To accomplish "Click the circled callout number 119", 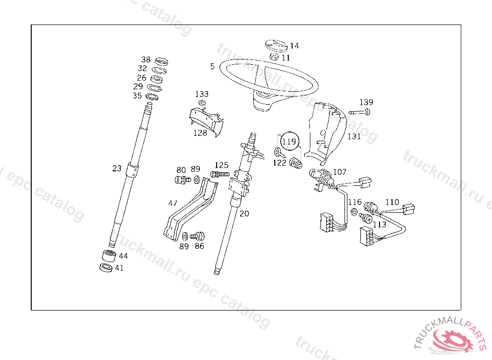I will (289, 142).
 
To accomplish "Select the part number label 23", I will (117, 168).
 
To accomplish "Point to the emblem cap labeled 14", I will (276, 45).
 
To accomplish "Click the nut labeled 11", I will (275, 57).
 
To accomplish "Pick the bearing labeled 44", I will (109, 256).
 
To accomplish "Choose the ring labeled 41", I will (106, 267).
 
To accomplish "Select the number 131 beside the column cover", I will (354, 136).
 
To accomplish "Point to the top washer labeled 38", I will (161, 61).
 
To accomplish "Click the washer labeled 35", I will (152, 97).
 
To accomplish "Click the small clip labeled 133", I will (202, 103).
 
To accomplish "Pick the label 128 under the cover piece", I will (200, 133).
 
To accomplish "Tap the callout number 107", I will (339, 172).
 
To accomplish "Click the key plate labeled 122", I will (279, 153).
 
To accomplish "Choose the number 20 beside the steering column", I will (245, 214).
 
